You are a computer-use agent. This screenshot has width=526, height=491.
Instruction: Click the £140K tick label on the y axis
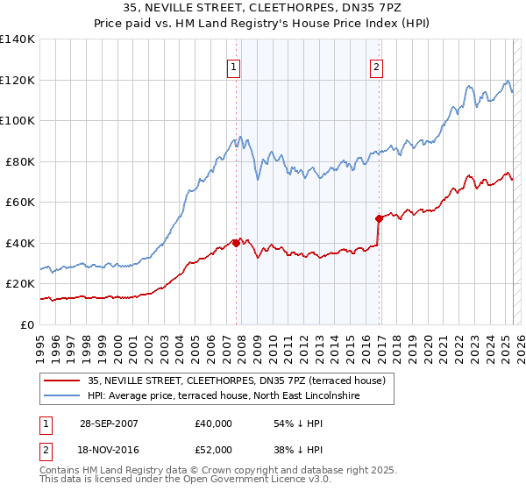[x=18, y=39]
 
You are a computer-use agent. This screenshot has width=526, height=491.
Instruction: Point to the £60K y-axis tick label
[x=20, y=203]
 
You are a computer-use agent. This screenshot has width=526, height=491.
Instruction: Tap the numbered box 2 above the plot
[x=376, y=67]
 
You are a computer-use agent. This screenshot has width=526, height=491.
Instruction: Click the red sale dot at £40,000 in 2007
[x=237, y=243]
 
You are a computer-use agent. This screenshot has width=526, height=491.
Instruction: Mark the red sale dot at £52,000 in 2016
[x=379, y=218]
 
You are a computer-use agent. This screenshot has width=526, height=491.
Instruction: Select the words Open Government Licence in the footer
[x=241, y=481]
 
